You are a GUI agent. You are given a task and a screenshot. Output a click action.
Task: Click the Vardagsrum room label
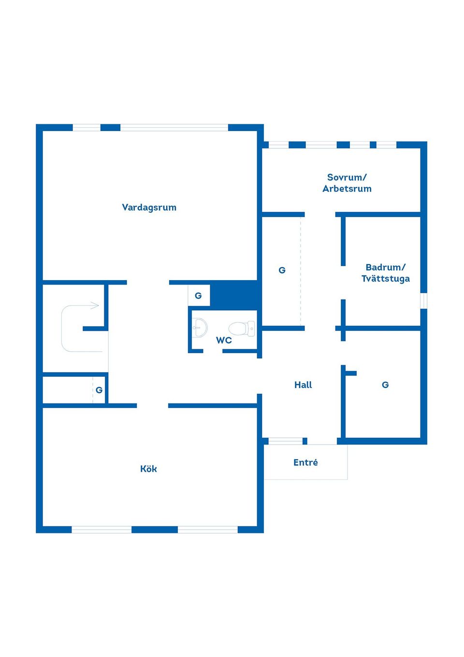149,208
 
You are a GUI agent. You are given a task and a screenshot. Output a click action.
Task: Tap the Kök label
148,469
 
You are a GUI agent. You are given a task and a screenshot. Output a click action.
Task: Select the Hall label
303,385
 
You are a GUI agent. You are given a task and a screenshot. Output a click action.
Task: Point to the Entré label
305,462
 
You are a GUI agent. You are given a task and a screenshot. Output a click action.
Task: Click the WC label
224,340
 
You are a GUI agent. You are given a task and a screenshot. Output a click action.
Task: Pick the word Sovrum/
347,177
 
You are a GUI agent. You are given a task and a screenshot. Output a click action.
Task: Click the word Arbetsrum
347,188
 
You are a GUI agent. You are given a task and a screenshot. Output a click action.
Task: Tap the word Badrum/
386,267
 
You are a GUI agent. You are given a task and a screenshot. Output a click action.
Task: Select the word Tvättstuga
386,279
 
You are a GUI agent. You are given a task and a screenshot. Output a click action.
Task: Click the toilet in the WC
242,328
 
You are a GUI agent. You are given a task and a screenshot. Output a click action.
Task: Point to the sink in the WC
200,328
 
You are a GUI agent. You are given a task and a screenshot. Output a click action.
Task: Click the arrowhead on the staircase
95,305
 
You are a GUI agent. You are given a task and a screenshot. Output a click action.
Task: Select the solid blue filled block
234,295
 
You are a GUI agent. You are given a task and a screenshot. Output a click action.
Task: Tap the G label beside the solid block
198,296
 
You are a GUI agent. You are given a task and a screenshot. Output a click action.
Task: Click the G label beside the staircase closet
99,390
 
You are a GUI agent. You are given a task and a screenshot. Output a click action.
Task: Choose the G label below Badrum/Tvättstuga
385,385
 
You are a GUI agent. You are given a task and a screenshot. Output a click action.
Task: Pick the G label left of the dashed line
282,270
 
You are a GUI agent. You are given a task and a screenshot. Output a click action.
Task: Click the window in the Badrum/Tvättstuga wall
423,300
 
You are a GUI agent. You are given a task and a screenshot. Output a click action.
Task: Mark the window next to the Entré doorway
285,441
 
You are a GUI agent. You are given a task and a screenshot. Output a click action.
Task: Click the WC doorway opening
213,351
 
